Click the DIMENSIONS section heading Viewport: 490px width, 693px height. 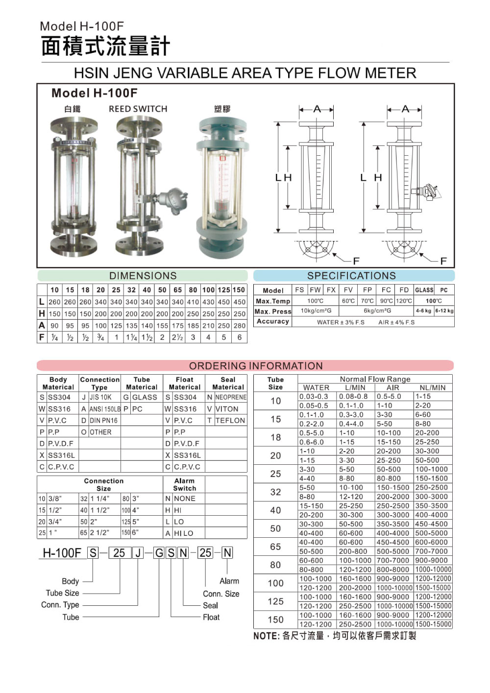(x=143, y=276)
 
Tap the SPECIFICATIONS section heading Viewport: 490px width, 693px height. (x=351, y=276)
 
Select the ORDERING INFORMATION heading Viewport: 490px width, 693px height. (x=256, y=366)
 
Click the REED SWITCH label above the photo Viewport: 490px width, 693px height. (x=138, y=109)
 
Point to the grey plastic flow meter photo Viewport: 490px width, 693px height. (x=222, y=186)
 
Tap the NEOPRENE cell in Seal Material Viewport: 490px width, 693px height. (x=230, y=397)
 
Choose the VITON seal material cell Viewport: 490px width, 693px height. (x=227, y=409)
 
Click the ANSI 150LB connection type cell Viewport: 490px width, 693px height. (x=104, y=409)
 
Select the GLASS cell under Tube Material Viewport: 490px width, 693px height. (x=145, y=397)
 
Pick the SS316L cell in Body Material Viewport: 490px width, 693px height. (x=62, y=455)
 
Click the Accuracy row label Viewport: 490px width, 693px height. (x=273, y=321)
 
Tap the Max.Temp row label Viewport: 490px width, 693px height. (x=273, y=301)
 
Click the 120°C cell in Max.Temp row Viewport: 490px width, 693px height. (x=404, y=301)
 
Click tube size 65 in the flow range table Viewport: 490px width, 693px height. (x=275, y=547)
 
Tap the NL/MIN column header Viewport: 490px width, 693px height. (x=433, y=387)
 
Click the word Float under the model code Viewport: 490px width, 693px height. (x=211, y=617)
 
